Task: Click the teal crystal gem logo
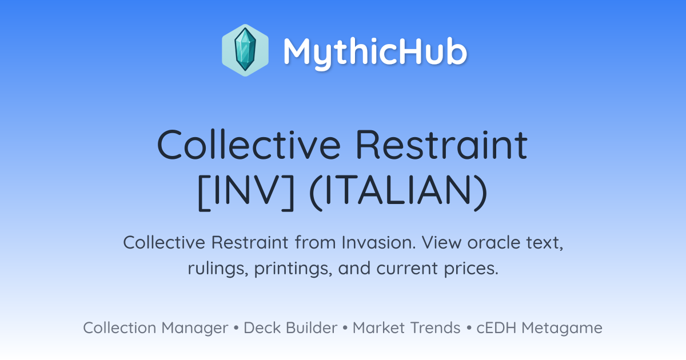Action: [x=245, y=50]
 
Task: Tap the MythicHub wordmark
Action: [x=375, y=52]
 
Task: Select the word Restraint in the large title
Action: [x=442, y=144]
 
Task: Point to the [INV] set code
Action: [x=246, y=192]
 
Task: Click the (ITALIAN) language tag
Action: [x=398, y=192]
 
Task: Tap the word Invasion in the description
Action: [x=378, y=242]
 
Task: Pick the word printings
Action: [x=293, y=269]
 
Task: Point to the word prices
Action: [x=471, y=269]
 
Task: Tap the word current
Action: [x=406, y=269]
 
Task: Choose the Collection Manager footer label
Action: [x=155, y=328]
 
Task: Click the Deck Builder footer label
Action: [x=290, y=327]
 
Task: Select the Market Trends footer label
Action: [x=406, y=327]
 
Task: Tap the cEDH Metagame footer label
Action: [x=539, y=328]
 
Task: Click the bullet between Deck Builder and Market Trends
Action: [x=345, y=328]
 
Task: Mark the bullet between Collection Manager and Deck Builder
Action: [x=236, y=328]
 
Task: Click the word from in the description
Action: [x=315, y=242]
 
